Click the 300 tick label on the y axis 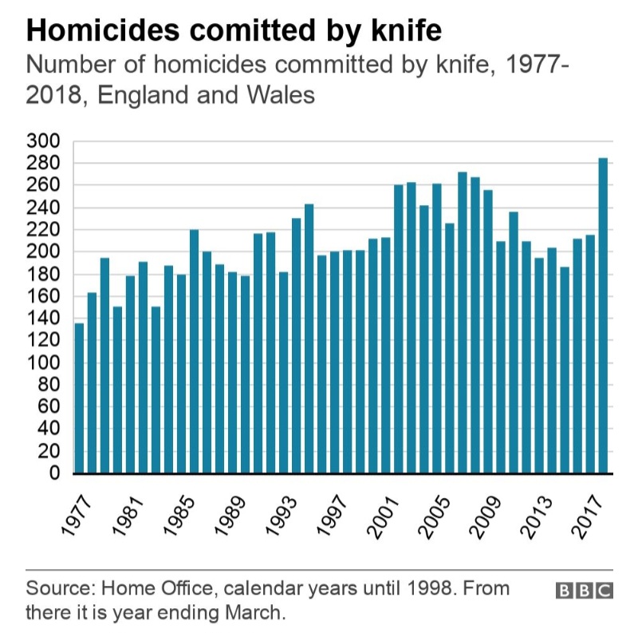point(44,141)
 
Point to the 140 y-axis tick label point(44,318)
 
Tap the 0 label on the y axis point(54,473)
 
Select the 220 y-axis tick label point(44,230)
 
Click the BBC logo point(584,591)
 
